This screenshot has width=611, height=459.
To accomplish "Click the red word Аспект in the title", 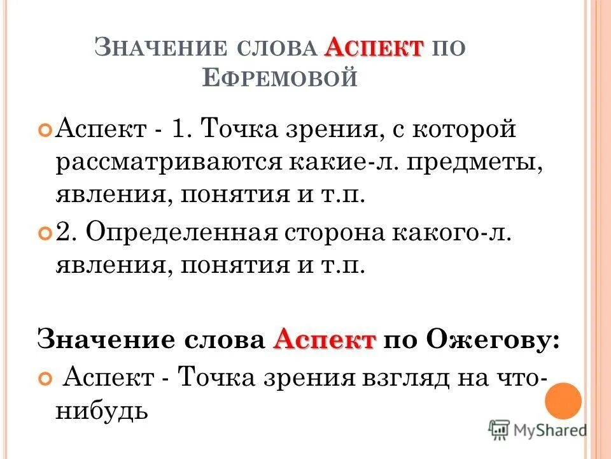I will [x=376, y=48].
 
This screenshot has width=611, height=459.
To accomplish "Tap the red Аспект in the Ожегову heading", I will [x=325, y=339].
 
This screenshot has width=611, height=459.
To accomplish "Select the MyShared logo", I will [x=537, y=430].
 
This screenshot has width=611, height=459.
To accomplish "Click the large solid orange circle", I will [x=563, y=400].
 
